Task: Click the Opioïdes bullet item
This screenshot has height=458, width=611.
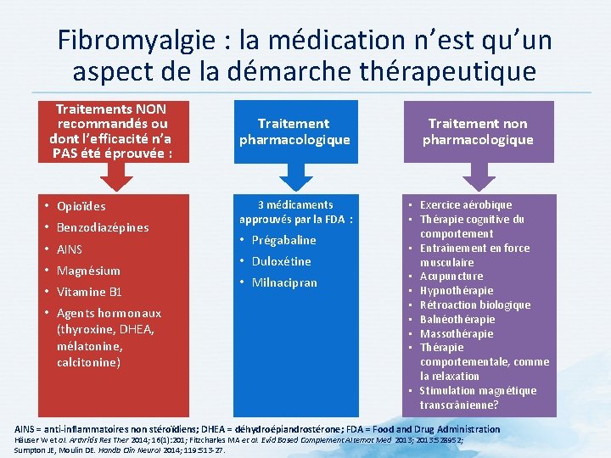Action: pyautogui.click(x=81, y=206)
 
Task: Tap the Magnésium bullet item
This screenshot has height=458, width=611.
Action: pyautogui.click(x=88, y=271)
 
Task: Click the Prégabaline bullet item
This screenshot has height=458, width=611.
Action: pyautogui.click(x=283, y=240)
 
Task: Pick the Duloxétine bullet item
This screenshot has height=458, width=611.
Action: pyautogui.click(x=281, y=261)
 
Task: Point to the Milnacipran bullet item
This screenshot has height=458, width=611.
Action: pyautogui.click(x=284, y=282)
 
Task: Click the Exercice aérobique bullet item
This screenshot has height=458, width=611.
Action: pyautogui.click(x=466, y=204)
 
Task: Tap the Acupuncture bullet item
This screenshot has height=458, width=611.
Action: pyautogui.click(x=451, y=276)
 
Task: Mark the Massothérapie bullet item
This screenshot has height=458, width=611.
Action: pyautogui.click(x=457, y=333)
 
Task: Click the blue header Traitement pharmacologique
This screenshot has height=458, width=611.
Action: pyautogui.click(x=294, y=131)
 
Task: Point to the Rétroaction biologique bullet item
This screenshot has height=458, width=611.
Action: pyautogui.click(x=475, y=304)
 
